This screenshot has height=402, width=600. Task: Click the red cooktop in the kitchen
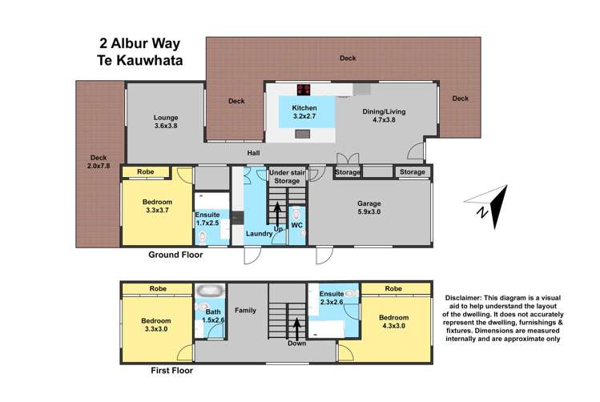pyautogui.click(x=304, y=90)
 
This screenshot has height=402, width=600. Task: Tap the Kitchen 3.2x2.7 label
pyautogui.click(x=304, y=111)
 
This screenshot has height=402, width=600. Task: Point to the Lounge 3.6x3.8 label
pyautogui.click(x=167, y=123)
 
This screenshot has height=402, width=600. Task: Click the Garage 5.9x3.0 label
pyautogui.click(x=369, y=208)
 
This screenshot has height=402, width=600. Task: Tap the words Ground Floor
pyautogui.click(x=175, y=255)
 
